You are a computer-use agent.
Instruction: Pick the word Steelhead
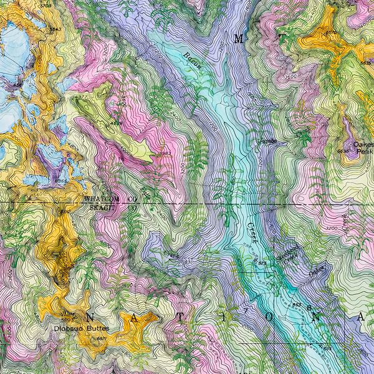[x=288, y=257]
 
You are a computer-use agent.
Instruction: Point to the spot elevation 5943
[x=56, y=30]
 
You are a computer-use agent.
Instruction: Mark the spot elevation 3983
[x=165, y=153]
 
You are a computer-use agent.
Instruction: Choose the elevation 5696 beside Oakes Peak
[x=343, y=151]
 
